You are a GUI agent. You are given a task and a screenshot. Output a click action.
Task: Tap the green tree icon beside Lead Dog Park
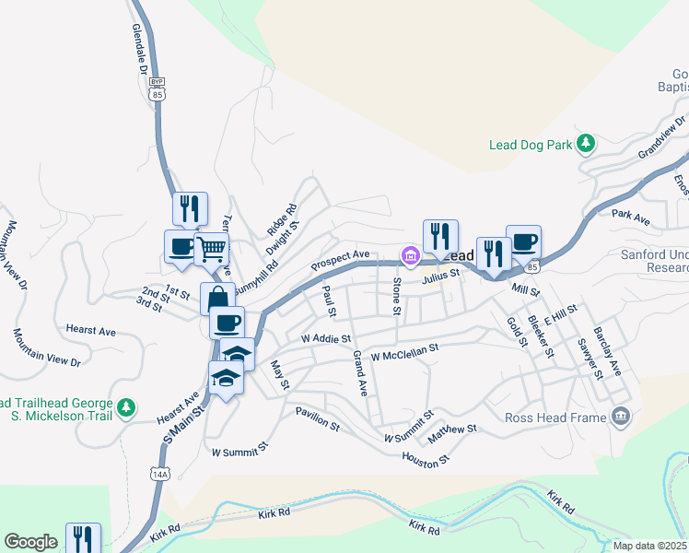(584, 144)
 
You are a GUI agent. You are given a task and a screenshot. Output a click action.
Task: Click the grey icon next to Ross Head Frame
(621, 417)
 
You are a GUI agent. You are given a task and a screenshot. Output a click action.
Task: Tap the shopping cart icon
(212, 247)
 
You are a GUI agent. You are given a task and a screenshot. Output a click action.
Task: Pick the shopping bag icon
(217, 298)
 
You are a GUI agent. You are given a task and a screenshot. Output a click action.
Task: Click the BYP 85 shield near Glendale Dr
(157, 88)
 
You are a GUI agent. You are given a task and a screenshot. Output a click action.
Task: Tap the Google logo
(30, 542)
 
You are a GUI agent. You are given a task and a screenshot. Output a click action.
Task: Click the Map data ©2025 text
(650, 546)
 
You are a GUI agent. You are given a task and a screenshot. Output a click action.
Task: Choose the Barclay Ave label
(608, 351)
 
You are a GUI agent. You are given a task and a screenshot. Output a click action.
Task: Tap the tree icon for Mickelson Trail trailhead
(126, 406)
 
